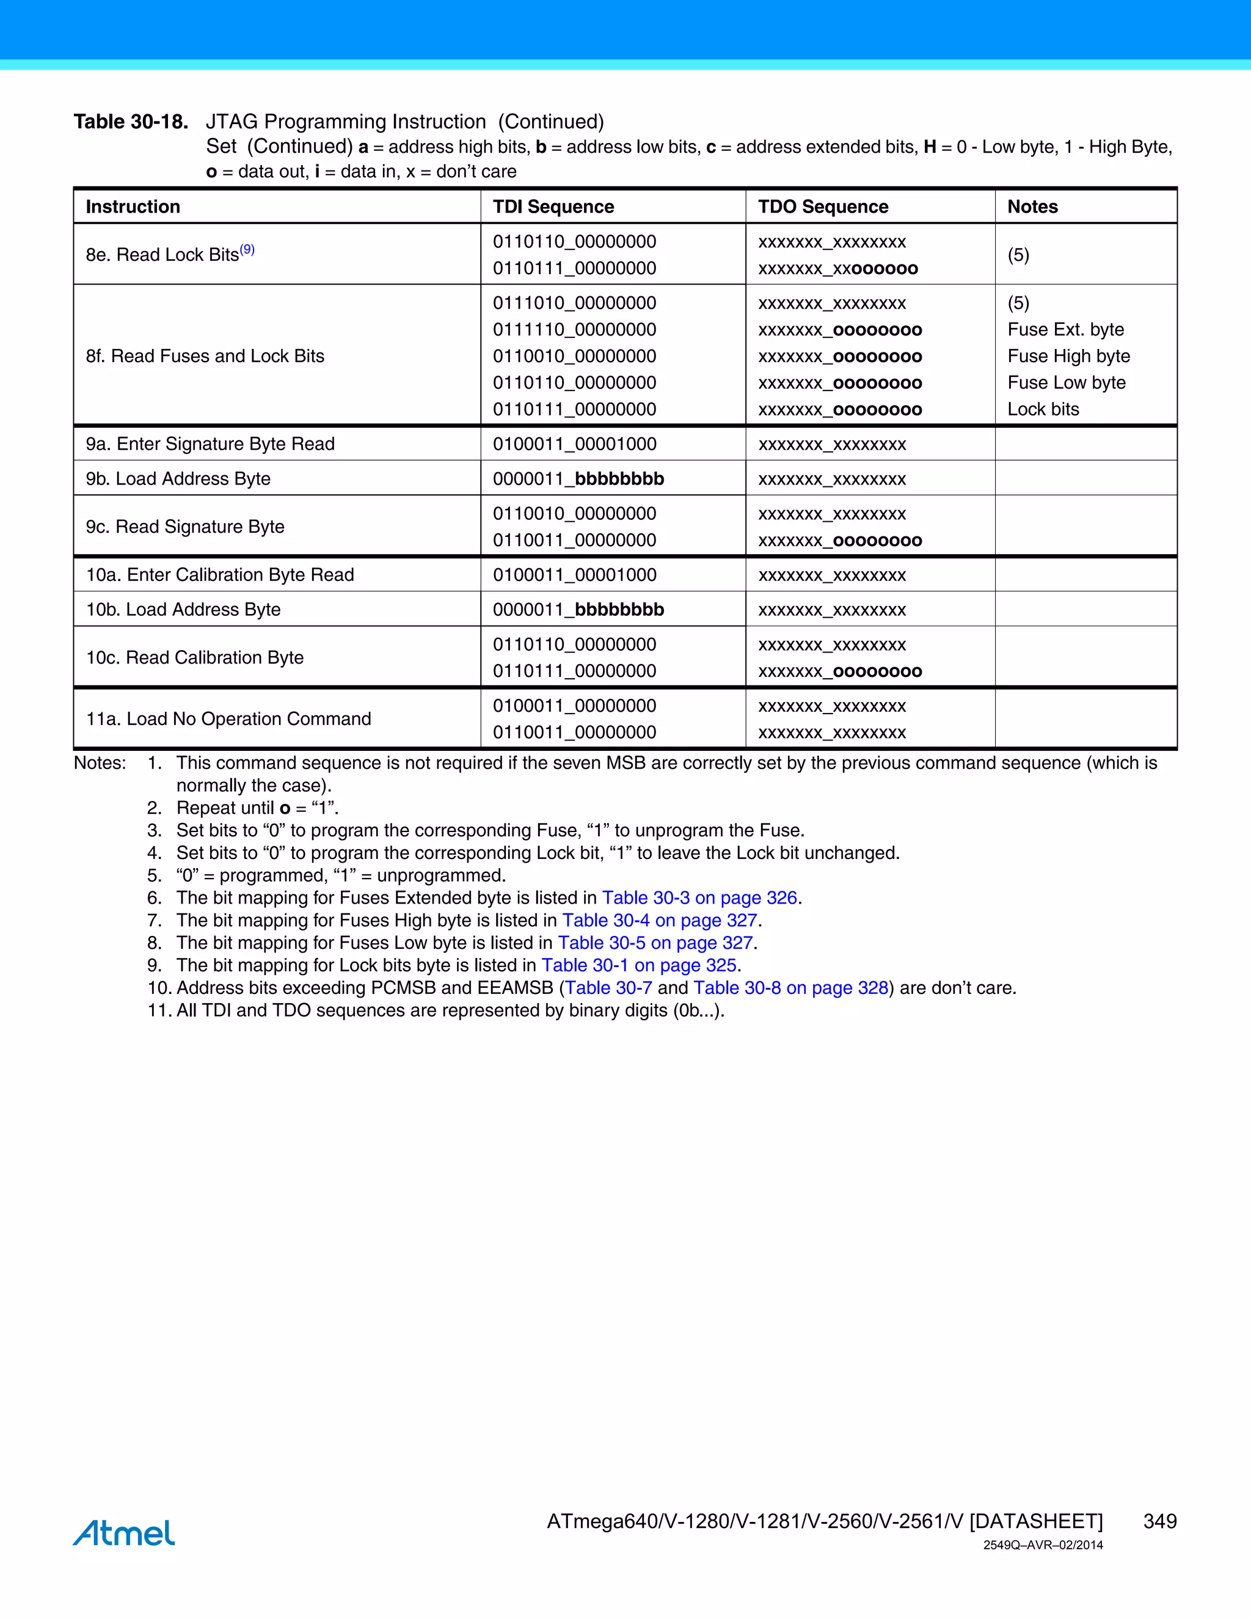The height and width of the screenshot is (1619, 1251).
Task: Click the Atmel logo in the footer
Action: click(x=124, y=1532)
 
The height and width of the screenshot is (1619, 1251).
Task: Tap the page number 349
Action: click(x=1159, y=1521)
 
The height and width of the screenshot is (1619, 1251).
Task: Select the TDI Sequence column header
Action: click(x=553, y=207)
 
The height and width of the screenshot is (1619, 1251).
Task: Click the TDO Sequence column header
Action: click(x=823, y=207)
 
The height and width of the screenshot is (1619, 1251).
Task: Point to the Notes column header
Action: click(x=1032, y=207)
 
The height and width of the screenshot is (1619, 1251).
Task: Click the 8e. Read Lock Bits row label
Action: click(x=162, y=255)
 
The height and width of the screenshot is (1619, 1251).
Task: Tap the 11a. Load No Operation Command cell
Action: click(x=228, y=719)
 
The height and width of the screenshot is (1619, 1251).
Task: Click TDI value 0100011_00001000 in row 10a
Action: click(x=574, y=576)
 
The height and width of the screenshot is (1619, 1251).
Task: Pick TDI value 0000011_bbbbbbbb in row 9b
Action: click(x=578, y=479)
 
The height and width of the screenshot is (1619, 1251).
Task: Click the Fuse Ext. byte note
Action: click(x=1065, y=330)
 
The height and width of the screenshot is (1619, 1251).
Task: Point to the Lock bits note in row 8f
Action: click(x=1043, y=409)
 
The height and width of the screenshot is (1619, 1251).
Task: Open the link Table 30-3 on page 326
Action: click(x=699, y=897)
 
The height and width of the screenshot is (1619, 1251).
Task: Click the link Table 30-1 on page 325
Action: click(x=638, y=965)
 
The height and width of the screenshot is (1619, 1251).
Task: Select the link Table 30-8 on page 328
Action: click(x=790, y=988)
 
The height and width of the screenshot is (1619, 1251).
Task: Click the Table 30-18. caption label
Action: click(x=131, y=122)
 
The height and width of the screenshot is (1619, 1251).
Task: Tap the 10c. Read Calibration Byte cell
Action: click(x=194, y=657)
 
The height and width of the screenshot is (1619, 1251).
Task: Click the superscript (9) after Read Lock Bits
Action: click(x=247, y=250)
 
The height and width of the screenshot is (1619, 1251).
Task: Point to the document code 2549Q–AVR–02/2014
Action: click(x=1043, y=1545)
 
